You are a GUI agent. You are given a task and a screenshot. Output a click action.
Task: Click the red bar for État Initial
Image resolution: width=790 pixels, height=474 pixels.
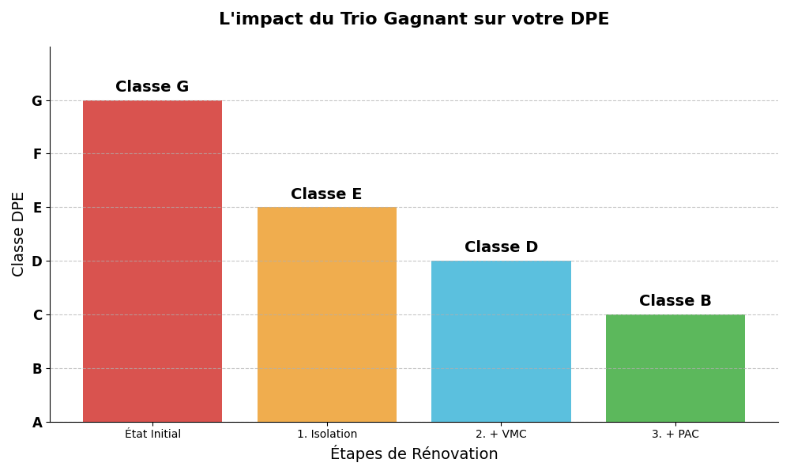[x=152, y=261]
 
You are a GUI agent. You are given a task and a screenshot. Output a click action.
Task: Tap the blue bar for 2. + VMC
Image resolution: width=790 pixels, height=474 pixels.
[x=501, y=341]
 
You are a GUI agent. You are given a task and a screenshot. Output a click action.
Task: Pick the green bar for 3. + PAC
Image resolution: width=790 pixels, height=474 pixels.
[x=675, y=368]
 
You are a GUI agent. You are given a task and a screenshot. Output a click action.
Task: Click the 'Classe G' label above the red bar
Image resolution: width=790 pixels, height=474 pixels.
[x=152, y=87]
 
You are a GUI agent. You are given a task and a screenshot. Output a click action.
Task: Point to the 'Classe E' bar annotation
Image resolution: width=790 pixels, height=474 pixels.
[x=326, y=194]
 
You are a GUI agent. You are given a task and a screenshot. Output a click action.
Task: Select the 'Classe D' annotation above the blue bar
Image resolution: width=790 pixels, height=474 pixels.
[x=501, y=247]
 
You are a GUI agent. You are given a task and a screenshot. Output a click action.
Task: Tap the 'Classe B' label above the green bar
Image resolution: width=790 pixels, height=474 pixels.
[x=675, y=301]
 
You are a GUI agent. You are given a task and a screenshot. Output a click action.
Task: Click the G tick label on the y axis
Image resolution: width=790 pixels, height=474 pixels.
[x=36, y=101]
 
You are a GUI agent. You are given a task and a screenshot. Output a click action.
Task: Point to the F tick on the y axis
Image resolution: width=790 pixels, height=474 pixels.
[x=37, y=154]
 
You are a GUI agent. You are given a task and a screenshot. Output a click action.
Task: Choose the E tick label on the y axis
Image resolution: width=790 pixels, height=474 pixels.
[x=37, y=208]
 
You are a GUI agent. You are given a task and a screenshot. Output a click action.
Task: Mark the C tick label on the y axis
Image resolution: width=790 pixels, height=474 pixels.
[x=37, y=315]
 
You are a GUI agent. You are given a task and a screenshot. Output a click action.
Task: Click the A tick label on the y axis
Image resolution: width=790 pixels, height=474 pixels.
[x=37, y=423]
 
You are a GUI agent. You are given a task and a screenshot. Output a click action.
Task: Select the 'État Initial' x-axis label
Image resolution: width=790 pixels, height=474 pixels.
[x=152, y=434]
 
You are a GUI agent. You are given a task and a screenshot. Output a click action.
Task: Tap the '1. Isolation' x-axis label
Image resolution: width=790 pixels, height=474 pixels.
[x=327, y=434]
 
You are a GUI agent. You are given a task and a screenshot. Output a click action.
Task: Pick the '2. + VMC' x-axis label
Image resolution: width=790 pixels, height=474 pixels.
[x=501, y=434]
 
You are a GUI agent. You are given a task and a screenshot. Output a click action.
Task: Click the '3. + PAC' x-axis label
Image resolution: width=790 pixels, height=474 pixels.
[x=675, y=434]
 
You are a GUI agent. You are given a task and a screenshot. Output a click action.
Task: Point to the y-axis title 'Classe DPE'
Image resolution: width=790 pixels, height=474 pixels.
[x=19, y=234]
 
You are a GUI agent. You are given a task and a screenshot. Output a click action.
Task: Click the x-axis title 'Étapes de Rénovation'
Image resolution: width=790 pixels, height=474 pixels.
[x=414, y=454]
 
